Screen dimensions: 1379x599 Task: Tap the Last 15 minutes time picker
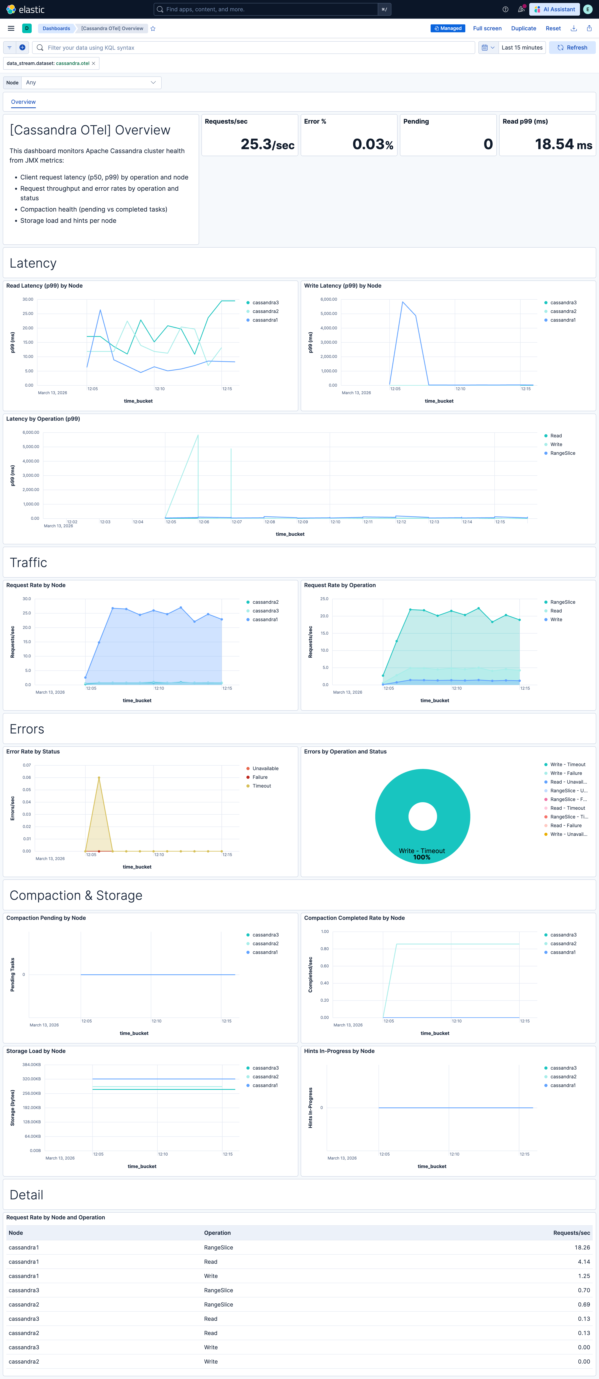click(x=521, y=48)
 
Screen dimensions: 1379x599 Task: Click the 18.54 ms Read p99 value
click(x=563, y=144)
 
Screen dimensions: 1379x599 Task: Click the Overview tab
click(x=24, y=102)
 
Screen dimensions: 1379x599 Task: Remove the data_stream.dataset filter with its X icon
click(x=94, y=63)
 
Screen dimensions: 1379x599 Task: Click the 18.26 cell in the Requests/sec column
click(x=582, y=1247)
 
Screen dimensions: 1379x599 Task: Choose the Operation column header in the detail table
click(x=217, y=1233)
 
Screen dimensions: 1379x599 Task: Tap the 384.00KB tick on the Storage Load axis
click(x=31, y=1065)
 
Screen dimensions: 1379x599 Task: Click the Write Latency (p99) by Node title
click(x=343, y=286)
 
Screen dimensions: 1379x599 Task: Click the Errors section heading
click(x=27, y=729)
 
